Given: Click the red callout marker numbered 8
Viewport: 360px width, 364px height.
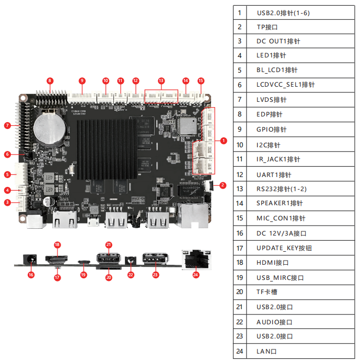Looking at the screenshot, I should (x=50, y=80).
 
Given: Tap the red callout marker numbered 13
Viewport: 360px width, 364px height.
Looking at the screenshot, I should (x=161, y=80).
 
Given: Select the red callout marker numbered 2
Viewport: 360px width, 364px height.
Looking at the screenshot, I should (x=222, y=184).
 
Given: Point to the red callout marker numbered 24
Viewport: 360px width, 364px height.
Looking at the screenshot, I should (x=195, y=274).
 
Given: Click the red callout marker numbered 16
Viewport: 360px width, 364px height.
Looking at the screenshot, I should (x=31, y=275).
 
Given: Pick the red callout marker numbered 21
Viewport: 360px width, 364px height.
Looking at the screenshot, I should (x=109, y=244).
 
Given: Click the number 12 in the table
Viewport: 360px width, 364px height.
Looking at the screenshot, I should (x=240, y=174).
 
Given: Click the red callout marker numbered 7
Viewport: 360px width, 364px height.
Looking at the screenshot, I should (x=7, y=125).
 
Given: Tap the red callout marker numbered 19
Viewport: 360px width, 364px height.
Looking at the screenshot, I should (x=83, y=275).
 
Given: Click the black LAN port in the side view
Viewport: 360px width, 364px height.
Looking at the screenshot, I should (x=195, y=259).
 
